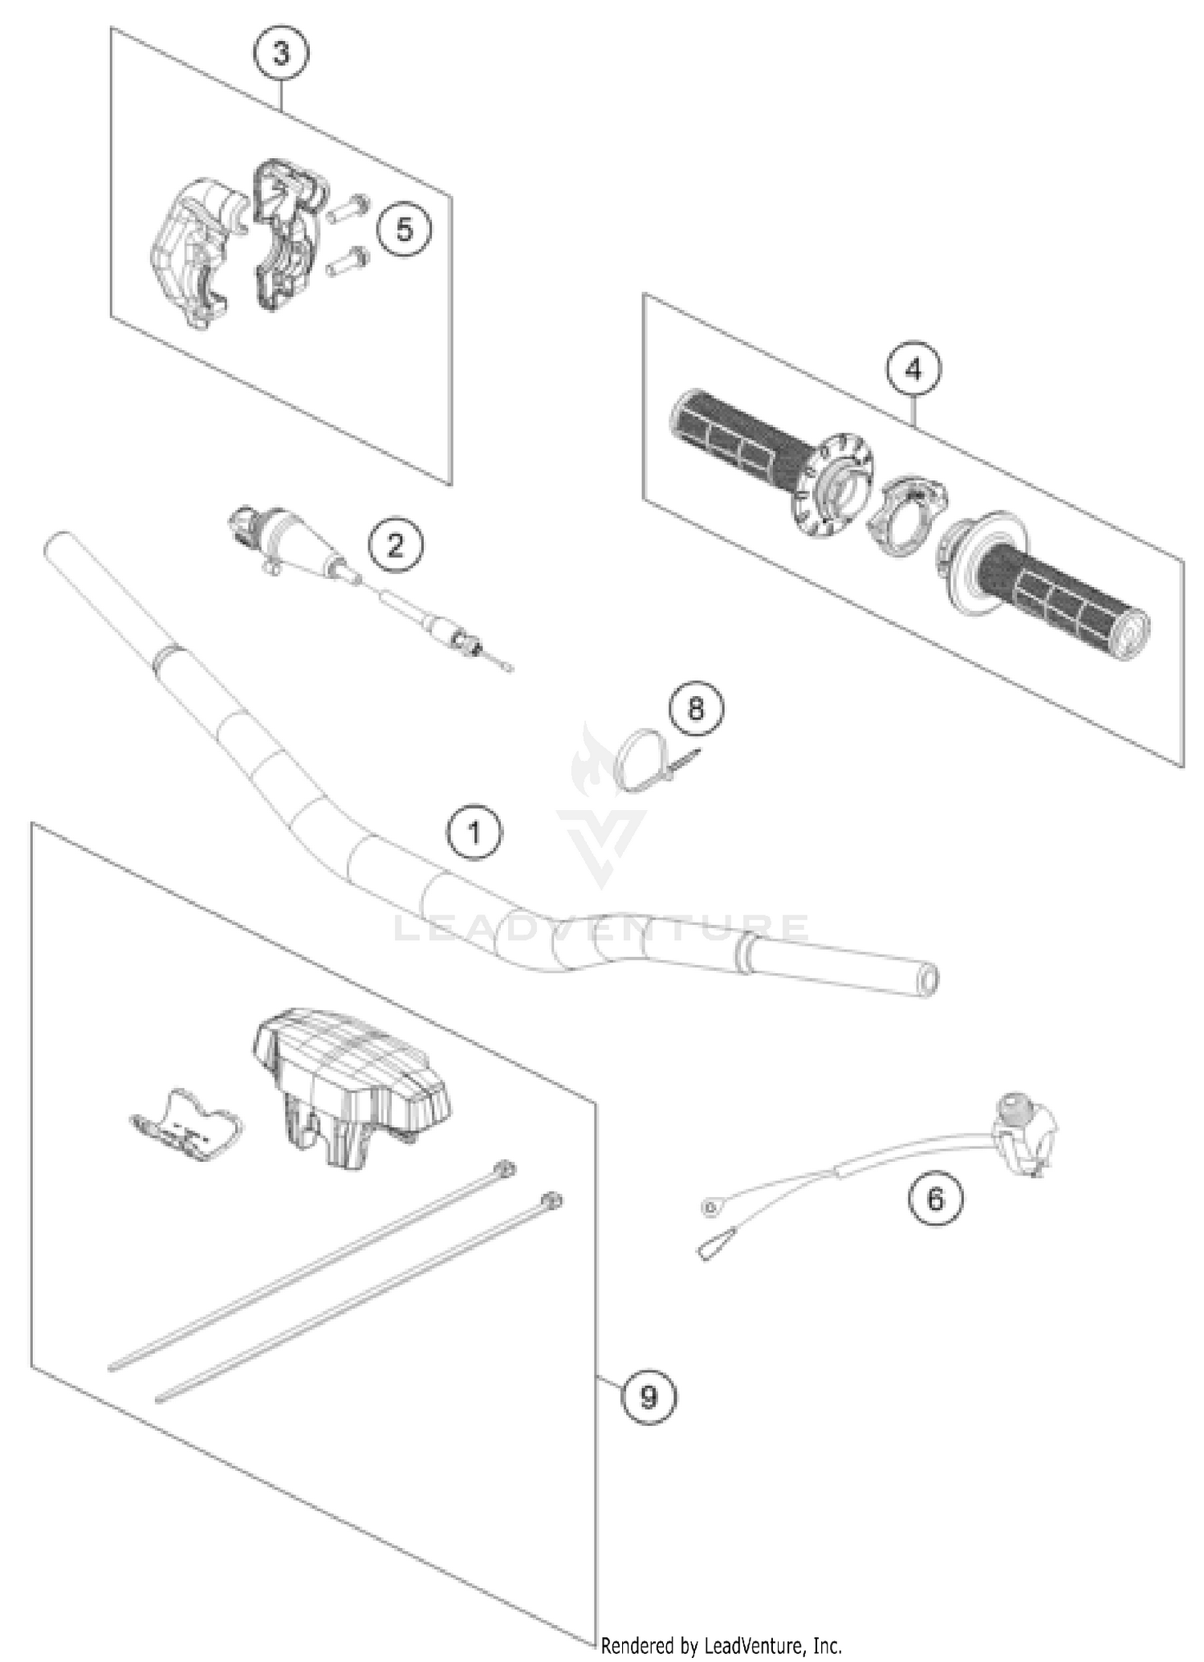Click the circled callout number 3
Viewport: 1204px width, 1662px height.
(x=281, y=55)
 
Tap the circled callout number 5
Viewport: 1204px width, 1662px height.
(x=404, y=230)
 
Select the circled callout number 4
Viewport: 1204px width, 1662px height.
(x=913, y=369)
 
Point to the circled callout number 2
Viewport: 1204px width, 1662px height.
(x=396, y=547)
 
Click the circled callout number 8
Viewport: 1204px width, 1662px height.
(x=695, y=709)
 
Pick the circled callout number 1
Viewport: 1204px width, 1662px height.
(x=474, y=833)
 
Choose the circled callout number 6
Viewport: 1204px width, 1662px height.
(x=935, y=1200)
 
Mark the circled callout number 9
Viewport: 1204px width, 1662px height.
(x=649, y=1397)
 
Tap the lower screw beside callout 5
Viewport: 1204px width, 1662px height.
(x=347, y=262)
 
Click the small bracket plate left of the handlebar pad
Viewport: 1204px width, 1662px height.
(x=186, y=1124)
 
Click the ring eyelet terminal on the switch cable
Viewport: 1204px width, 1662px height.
(x=710, y=1206)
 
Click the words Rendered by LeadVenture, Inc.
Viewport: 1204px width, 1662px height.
(x=721, y=1646)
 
